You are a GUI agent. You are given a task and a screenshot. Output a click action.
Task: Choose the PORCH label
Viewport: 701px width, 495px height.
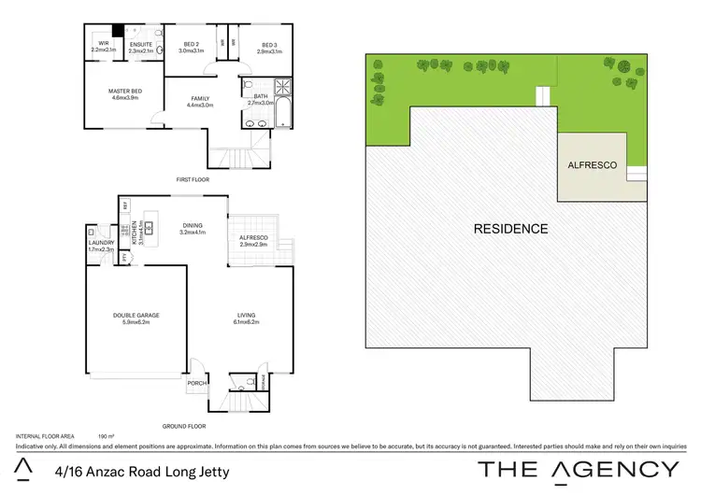coord(197,382)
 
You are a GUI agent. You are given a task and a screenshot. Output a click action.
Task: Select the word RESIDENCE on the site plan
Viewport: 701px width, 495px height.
coord(510,229)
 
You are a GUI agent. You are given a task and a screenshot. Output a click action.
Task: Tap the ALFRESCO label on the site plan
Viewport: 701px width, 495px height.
coord(593,164)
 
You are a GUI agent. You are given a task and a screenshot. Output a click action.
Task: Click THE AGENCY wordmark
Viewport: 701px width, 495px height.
coord(579,469)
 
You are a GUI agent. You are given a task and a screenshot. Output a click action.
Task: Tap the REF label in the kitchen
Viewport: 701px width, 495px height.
coord(123,205)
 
